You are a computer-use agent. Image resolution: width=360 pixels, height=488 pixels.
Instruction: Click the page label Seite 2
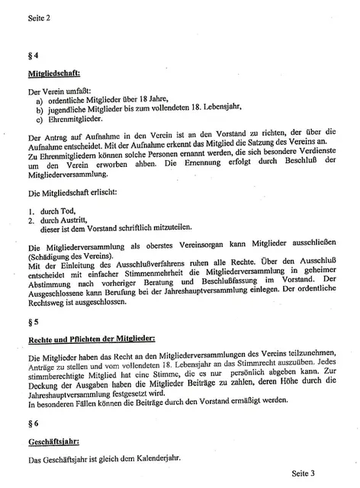click(x=37, y=17)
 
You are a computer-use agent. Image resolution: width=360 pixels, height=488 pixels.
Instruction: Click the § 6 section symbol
click(x=30, y=421)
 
